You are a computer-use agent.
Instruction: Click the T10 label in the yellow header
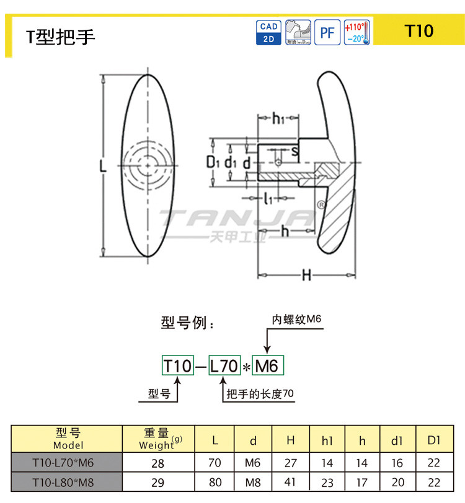pyautogui.click(x=418, y=31)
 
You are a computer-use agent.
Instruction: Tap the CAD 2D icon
pyautogui.click(x=268, y=32)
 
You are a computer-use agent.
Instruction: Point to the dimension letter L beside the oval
pyautogui.click(x=104, y=165)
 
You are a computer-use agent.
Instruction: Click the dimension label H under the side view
pyautogui.click(x=306, y=275)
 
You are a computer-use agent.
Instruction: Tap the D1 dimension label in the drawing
pyautogui.click(x=213, y=162)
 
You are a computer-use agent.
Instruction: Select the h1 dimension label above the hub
pyautogui.click(x=278, y=118)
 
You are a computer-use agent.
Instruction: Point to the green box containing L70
pyautogui.click(x=224, y=366)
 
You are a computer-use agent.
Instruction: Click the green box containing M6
pyautogui.click(x=267, y=366)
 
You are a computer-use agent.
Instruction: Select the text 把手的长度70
pyautogui.click(x=260, y=394)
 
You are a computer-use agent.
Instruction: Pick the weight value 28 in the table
pyautogui.click(x=159, y=463)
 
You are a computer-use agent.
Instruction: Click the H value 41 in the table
pyautogui.click(x=291, y=481)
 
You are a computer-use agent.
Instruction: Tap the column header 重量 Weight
pyautogui.click(x=159, y=439)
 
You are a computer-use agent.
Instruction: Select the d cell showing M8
pyautogui.click(x=253, y=481)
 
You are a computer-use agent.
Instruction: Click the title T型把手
pyautogui.click(x=60, y=37)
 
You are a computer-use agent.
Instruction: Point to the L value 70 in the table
pyautogui.click(x=215, y=463)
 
